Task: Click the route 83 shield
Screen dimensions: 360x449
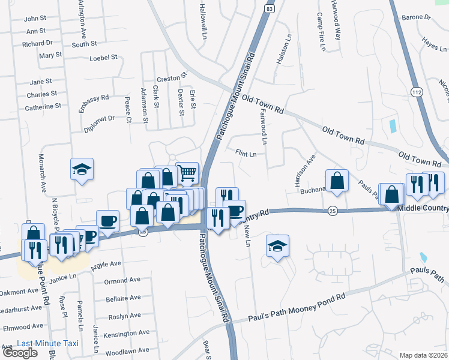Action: pos(270,10)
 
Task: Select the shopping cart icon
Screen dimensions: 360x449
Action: pos(187,173)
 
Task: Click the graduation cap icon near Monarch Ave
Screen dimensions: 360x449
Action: pos(82,169)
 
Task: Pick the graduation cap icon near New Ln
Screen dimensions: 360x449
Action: pos(278,246)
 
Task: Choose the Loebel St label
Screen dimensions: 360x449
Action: pos(103,58)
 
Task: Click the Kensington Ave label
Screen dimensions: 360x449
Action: pos(125,335)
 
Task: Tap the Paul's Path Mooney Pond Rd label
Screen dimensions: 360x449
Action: pos(297,310)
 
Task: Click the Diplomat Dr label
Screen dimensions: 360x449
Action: pos(98,122)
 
